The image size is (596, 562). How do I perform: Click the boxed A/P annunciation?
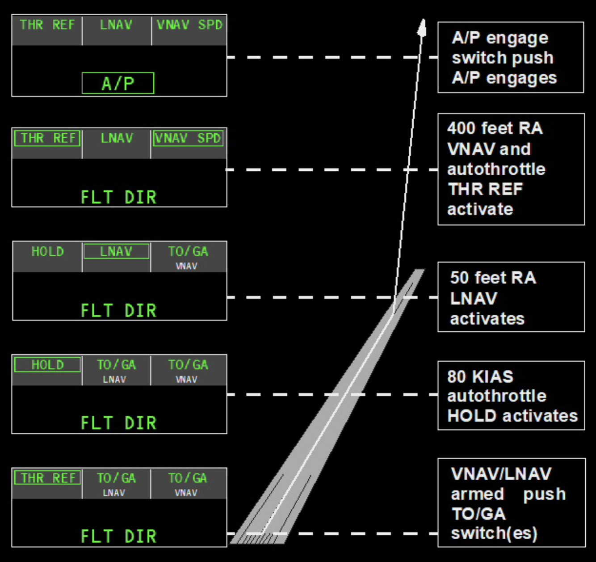click(118, 83)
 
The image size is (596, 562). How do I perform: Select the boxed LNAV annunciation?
click(116, 251)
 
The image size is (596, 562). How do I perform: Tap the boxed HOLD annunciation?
click(47, 365)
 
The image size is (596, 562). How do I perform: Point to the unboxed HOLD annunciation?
click(47, 251)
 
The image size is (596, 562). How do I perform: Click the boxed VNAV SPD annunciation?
click(188, 138)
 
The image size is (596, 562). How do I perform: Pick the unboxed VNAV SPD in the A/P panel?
click(189, 25)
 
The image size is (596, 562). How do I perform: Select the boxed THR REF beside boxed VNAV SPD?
click(47, 138)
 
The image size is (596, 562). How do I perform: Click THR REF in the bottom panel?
click(47, 478)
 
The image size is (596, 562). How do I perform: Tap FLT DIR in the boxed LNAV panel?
click(118, 310)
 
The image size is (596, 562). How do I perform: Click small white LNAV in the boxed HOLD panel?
click(114, 379)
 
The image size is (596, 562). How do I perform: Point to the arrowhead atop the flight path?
click(422, 27)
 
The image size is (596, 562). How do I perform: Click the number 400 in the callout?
click(461, 129)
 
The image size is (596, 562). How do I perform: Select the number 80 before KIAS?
click(456, 376)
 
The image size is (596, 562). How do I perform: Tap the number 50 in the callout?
click(459, 278)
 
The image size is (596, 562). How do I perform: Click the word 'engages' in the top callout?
click(521, 78)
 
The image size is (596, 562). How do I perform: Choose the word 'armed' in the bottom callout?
click(477, 494)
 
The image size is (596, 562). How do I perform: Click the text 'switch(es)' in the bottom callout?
click(494, 533)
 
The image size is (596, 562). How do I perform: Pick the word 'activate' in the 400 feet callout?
click(480, 209)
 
